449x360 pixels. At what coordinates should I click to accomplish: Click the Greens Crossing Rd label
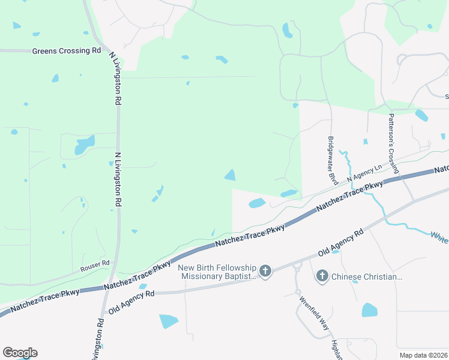pos(67,51)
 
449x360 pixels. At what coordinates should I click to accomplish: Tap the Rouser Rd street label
pos(97,263)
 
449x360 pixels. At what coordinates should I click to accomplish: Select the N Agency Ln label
pos(364,175)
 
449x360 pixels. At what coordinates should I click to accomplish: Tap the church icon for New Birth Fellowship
pos(265,271)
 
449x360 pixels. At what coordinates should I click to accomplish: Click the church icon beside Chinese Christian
pos(322,276)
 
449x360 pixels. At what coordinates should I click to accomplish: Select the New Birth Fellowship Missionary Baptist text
pos(217,272)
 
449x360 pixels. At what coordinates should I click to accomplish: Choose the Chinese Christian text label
pos(367,277)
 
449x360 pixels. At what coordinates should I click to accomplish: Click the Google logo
pos(20,353)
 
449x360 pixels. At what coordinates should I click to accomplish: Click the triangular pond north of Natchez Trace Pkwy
pos(230,175)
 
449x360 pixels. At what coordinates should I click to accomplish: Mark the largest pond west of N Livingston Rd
pos(84,145)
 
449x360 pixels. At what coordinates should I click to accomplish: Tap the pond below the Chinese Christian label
pos(369,310)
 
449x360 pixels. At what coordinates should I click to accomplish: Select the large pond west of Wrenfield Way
pos(168,321)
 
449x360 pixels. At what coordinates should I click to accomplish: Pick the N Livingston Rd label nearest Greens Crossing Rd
pos(116,77)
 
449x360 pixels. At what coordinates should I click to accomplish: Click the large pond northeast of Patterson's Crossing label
pos(421,115)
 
